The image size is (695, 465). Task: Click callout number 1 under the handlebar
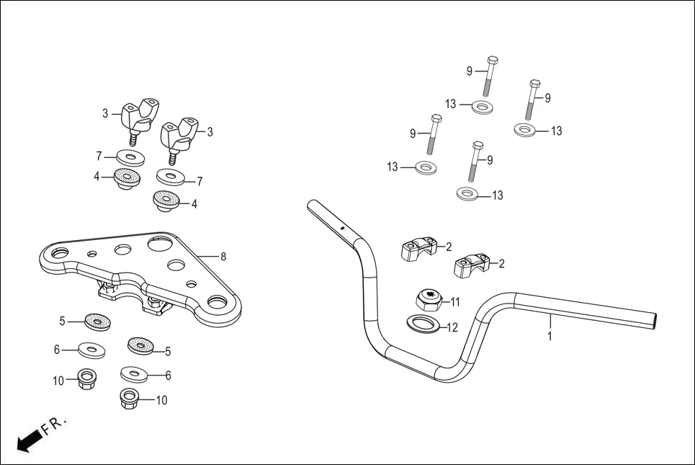coord(550,336)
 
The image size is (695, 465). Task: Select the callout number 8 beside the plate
coord(223,256)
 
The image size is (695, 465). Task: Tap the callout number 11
coord(454,301)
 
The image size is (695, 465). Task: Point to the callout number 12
coord(452,327)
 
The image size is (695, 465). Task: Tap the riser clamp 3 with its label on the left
coord(138,118)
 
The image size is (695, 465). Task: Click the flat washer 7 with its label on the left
coord(130,157)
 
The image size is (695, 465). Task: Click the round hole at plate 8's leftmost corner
coord(59,253)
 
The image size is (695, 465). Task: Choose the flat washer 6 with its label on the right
coord(135,374)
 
